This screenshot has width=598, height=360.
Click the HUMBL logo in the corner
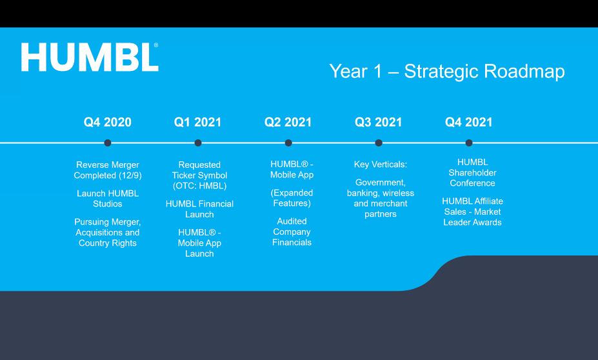[90, 57]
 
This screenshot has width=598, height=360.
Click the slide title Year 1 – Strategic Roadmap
[446, 72]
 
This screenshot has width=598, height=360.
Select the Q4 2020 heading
[108, 122]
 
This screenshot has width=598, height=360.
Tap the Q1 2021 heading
[197, 122]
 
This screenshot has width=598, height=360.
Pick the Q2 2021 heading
[288, 122]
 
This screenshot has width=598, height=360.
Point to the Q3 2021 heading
[378, 122]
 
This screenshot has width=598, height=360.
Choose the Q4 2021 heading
[469, 122]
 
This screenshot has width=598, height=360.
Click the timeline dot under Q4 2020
[108, 143]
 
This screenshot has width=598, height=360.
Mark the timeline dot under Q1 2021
[198, 143]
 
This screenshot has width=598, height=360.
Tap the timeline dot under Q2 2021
[288, 143]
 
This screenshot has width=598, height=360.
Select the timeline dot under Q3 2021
[379, 143]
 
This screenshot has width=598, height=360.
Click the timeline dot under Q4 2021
[469, 143]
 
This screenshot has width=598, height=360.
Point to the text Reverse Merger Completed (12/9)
[108, 170]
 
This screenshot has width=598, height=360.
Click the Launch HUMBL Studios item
[108, 199]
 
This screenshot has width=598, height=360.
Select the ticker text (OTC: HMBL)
[199, 186]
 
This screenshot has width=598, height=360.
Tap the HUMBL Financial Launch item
[199, 209]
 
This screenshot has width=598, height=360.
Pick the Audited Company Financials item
[292, 232]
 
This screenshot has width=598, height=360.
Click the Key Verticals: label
[381, 165]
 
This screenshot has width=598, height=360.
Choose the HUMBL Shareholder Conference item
[472, 172]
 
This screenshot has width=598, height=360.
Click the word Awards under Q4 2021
[487, 223]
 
